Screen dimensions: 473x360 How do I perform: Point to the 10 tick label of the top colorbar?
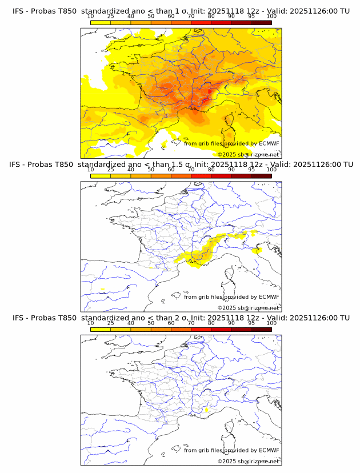click(x=90, y=17)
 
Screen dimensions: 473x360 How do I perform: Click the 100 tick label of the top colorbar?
click(x=271, y=17)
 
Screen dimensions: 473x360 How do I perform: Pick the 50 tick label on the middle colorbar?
click(x=151, y=170)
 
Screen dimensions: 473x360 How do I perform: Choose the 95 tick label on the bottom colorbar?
click(x=251, y=323)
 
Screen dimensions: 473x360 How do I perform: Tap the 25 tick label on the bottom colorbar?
click(x=110, y=323)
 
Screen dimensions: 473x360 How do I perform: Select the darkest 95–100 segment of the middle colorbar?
click(x=261, y=176)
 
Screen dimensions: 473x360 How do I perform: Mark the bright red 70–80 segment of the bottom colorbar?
click(x=201, y=329)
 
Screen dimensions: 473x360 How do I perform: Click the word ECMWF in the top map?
click(x=269, y=143)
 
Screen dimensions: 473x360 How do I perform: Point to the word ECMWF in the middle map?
click(x=269, y=297)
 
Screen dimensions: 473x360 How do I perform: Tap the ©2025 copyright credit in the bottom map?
click(x=248, y=461)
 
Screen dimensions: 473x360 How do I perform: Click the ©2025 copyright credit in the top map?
click(x=248, y=154)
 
